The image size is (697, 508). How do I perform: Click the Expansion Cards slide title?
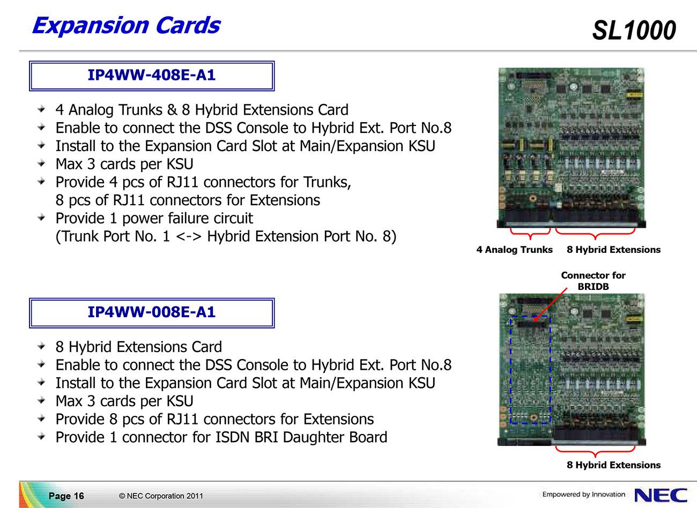(x=127, y=26)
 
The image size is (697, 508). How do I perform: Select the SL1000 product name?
(x=634, y=31)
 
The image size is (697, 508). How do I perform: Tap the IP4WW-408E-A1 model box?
(x=152, y=76)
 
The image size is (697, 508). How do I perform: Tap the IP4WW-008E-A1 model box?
(x=152, y=313)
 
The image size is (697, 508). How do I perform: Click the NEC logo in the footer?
(x=661, y=495)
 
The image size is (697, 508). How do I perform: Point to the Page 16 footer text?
(x=66, y=496)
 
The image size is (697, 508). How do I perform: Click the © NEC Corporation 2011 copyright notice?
(x=161, y=496)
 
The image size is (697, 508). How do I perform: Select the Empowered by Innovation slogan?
(x=584, y=494)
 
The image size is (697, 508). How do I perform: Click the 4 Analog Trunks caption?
(x=514, y=250)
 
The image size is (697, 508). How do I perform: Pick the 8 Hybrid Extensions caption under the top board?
(x=613, y=250)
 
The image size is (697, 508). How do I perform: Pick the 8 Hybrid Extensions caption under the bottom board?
(x=613, y=465)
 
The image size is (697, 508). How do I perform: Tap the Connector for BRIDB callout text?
(x=593, y=281)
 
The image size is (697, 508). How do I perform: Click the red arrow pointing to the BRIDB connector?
(x=550, y=304)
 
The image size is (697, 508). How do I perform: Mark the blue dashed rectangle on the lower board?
(x=510, y=370)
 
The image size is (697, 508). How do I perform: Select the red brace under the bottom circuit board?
(x=595, y=451)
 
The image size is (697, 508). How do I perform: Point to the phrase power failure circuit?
(x=187, y=219)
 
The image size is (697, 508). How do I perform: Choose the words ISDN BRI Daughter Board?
(x=301, y=437)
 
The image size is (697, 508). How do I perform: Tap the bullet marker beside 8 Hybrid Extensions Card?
(x=41, y=346)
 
